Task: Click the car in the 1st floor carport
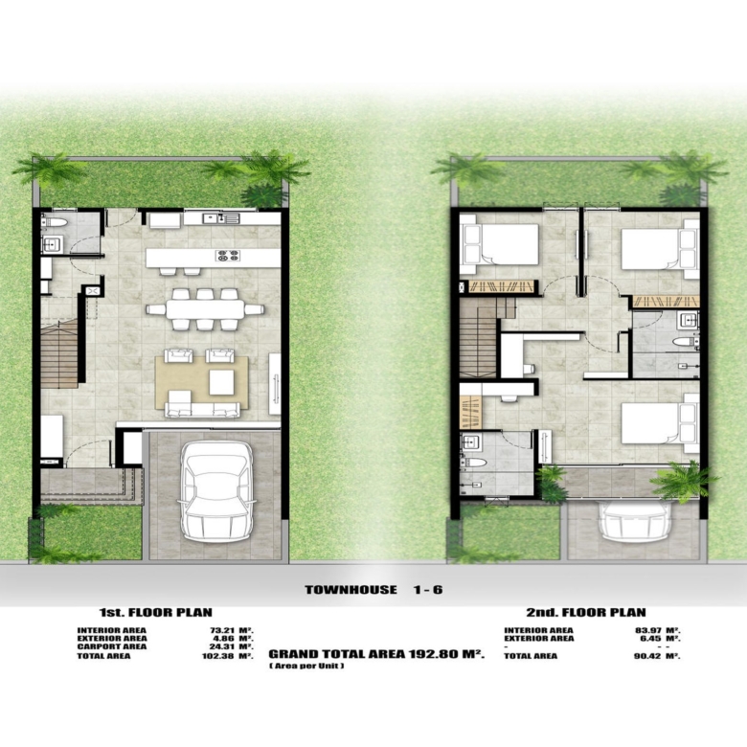(x=216, y=491)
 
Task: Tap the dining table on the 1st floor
(x=205, y=309)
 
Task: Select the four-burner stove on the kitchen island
(x=228, y=256)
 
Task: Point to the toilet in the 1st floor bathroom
(x=55, y=221)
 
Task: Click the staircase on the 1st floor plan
(x=59, y=354)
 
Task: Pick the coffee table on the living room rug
(x=221, y=382)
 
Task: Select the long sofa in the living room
(x=202, y=410)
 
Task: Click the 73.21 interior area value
(x=223, y=630)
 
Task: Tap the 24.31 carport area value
(x=223, y=646)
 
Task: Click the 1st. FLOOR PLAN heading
(x=156, y=612)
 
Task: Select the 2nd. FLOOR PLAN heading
(x=586, y=612)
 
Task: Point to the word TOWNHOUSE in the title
(x=351, y=590)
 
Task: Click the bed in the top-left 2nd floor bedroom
(x=501, y=244)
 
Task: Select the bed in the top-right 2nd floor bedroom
(x=660, y=249)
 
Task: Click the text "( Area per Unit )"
(x=306, y=666)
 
